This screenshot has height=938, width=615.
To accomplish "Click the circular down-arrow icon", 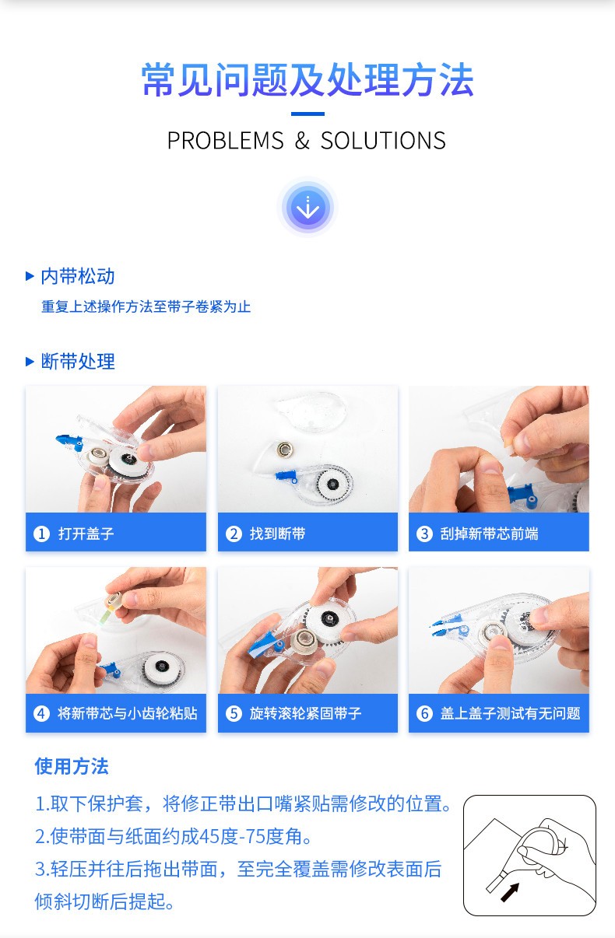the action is (307, 208).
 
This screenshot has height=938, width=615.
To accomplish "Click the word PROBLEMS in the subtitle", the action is (226, 141).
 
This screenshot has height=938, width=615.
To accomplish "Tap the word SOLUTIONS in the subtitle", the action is (383, 141).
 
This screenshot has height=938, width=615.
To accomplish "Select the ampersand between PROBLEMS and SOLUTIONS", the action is (302, 141).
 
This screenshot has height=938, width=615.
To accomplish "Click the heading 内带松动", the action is (78, 276).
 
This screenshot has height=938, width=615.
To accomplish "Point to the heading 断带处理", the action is (78, 362).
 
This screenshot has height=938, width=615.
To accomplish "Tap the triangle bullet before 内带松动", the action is (30, 276).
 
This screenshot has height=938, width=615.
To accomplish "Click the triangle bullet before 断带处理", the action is (30, 362).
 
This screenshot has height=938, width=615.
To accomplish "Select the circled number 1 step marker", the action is (41, 534).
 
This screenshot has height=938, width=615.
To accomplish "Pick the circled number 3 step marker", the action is (424, 534).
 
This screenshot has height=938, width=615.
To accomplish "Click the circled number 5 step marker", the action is (234, 713).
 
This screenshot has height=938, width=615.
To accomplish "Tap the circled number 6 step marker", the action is (424, 713).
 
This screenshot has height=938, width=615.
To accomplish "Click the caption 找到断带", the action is (277, 534).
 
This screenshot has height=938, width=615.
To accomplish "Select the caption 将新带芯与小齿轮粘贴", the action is (128, 713).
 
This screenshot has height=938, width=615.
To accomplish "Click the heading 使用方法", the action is (72, 766).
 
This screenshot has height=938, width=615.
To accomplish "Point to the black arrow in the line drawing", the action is (510, 892).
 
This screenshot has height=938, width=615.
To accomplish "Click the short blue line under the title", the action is (307, 114).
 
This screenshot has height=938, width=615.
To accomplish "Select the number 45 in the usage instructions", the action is (209, 837).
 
